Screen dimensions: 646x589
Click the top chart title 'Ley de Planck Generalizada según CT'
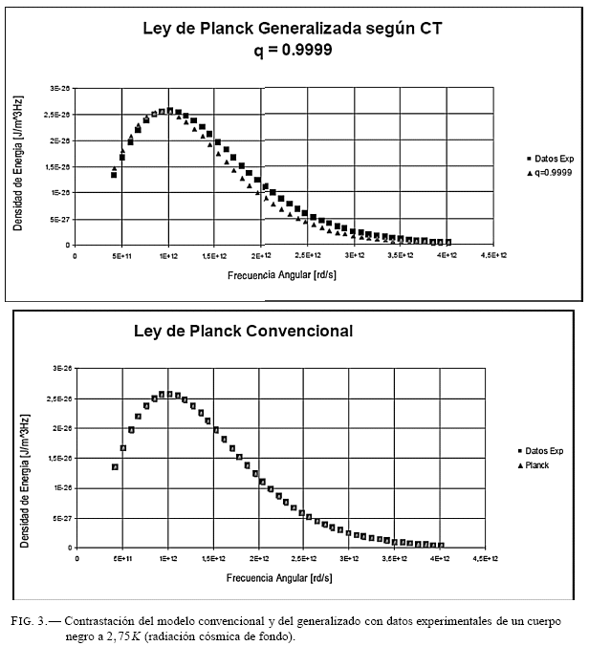293,29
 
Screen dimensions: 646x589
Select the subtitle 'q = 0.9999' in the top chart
293,50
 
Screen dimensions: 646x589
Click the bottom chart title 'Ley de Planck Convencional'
243,332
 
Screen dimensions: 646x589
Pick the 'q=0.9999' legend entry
550,173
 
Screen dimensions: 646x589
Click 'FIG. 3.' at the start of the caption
30,620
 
